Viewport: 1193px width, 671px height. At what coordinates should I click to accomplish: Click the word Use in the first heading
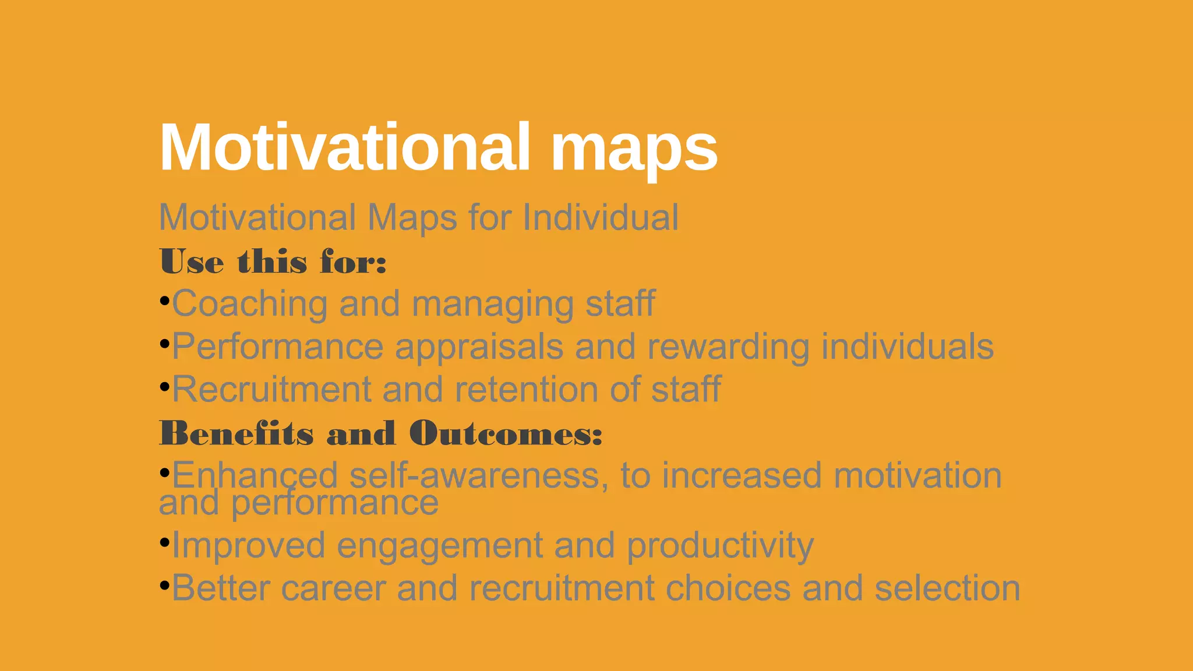(x=192, y=262)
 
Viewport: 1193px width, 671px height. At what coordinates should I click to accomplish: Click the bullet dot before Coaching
(x=164, y=301)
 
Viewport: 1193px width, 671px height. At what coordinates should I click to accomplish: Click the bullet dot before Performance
(x=164, y=344)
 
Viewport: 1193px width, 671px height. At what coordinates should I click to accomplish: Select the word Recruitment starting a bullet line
(x=271, y=389)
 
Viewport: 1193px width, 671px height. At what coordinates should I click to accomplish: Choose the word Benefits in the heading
(x=237, y=433)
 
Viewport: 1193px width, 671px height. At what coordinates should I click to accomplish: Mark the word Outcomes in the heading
(x=506, y=433)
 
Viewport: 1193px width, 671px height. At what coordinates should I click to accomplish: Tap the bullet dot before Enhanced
(x=164, y=471)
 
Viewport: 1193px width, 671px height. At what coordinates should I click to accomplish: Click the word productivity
(x=720, y=546)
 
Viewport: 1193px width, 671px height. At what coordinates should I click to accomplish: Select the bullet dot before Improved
(x=164, y=542)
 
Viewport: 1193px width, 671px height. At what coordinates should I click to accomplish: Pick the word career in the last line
(x=333, y=588)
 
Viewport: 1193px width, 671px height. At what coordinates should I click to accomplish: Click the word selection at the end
(x=947, y=588)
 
